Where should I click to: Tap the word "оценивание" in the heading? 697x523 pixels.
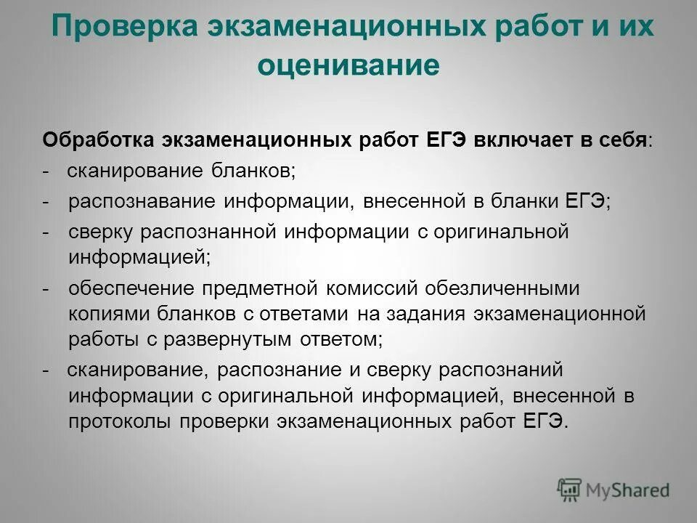tap(348, 65)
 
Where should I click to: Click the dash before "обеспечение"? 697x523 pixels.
tap(47, 288)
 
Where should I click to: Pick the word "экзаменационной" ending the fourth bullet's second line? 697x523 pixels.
tap(559, 314)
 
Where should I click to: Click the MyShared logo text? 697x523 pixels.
tap(629, 490)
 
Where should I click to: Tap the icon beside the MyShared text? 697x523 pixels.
tap(570, 490)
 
